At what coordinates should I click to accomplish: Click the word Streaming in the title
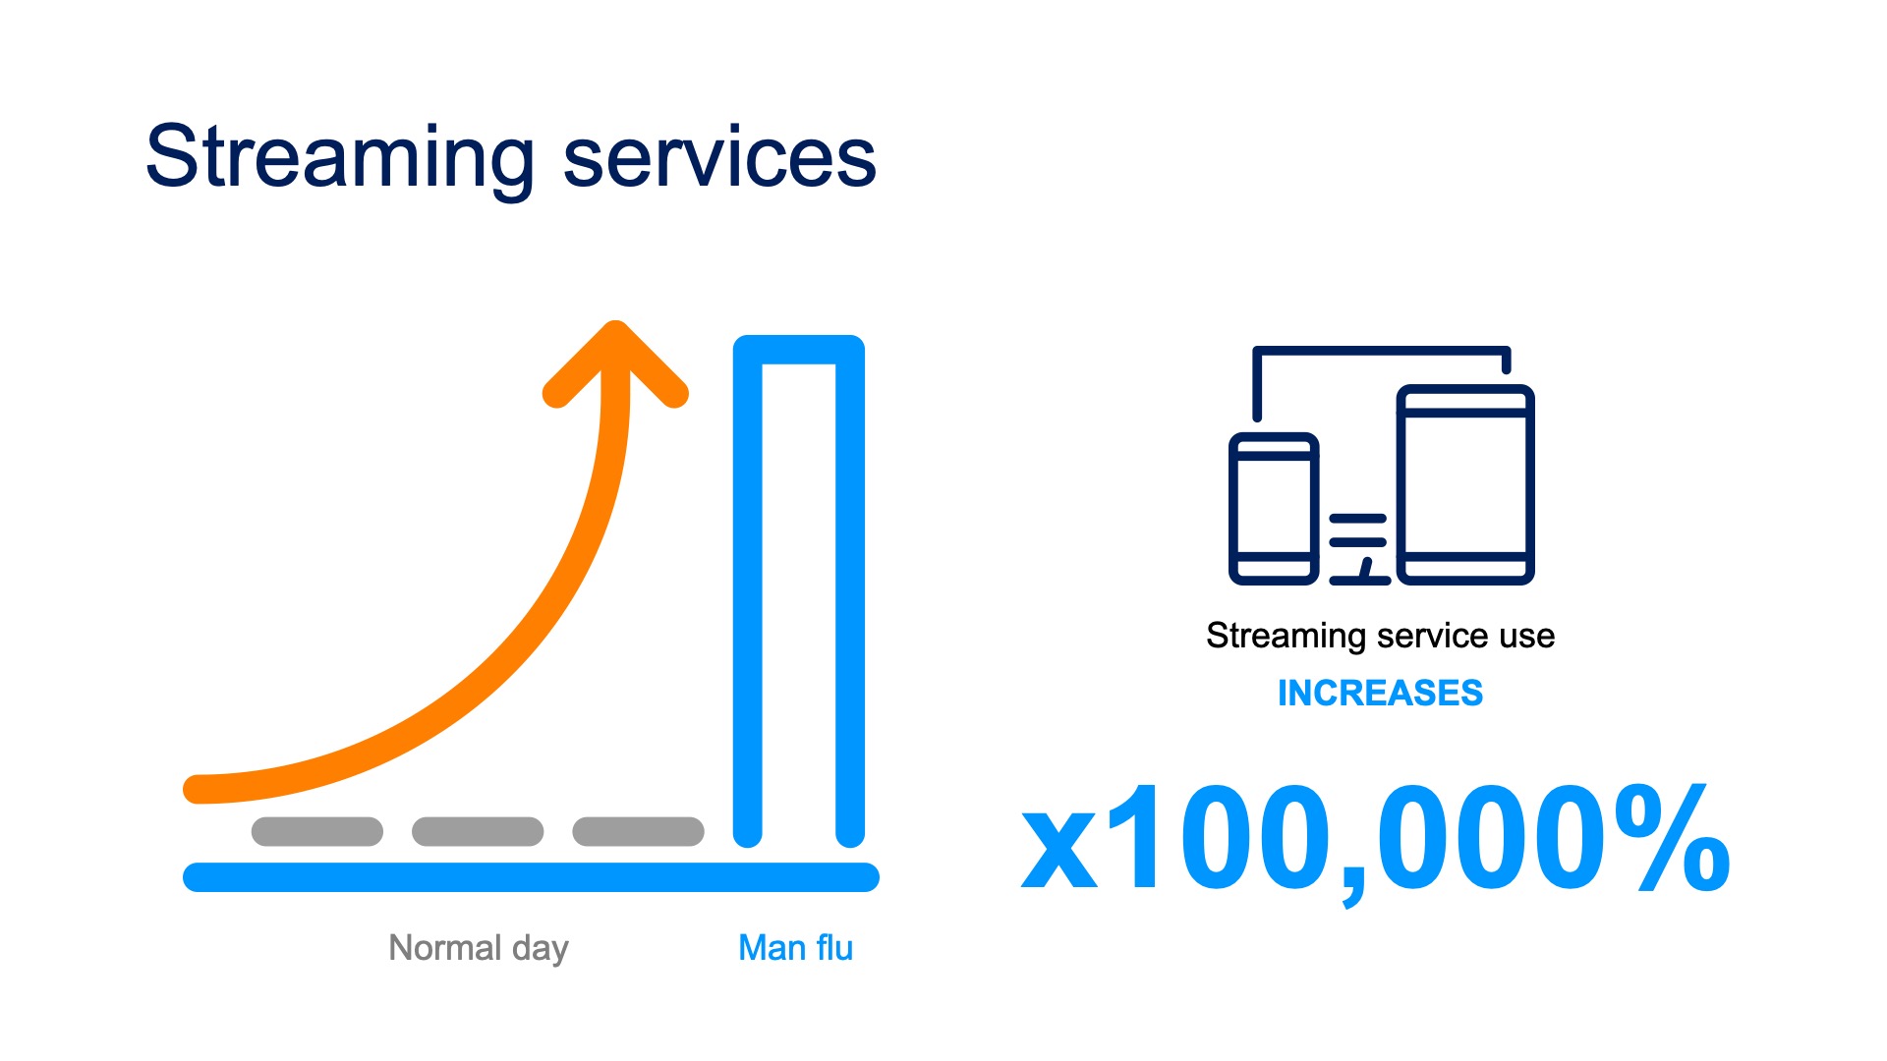(340, 157)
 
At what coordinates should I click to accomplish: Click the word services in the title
(719, 157)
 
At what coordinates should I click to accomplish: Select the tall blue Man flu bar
(748, 589)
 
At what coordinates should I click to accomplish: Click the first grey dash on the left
(317, 831)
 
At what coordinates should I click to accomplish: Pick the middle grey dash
(478, 831)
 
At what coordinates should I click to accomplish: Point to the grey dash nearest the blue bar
(638, 831)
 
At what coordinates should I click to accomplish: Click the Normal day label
(479, 948)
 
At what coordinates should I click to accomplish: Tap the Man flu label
(795, 948)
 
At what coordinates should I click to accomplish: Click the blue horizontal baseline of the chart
(531, 877)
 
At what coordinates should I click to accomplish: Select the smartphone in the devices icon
(1274, 508)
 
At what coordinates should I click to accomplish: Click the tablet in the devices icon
(1465, 484)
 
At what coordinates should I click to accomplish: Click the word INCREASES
(1380, 693)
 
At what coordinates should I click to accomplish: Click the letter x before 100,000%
(1058, 850)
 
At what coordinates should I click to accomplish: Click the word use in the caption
(1527, 636)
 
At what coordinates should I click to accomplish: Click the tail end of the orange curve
(198, 789)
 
